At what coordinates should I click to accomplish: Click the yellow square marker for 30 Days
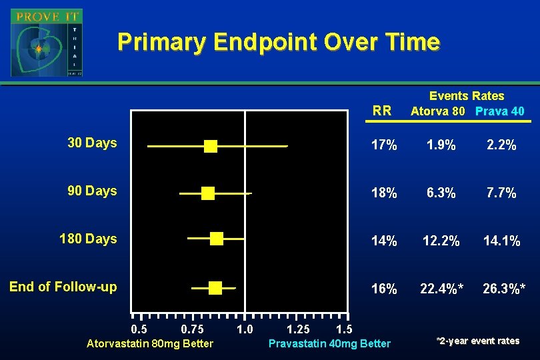tap(211, 146)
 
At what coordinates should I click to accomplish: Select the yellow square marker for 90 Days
tap(208, 193)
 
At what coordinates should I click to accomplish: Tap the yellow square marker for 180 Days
tap(217, 239)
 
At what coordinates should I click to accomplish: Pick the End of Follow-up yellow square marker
tap(215, 287)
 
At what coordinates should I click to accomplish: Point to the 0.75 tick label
tap(193, 329)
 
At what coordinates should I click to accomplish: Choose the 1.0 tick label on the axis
tap(245, 329)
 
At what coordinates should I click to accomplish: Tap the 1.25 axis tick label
tap(297, 329)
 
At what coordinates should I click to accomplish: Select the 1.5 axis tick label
tap(344, 329)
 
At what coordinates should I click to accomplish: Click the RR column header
tap(383, 111)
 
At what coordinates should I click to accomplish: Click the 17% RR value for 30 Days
tap(384, 145)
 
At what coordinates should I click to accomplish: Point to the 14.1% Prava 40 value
tap(501, 241)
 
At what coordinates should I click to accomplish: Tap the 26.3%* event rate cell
tap(504, 289)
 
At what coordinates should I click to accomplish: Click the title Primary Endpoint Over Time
tap(278, 42)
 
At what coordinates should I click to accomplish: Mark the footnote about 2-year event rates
tap(477, 341)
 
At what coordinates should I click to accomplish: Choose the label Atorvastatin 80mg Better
tap(150, 343)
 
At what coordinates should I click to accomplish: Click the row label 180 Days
tap(88, 239)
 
